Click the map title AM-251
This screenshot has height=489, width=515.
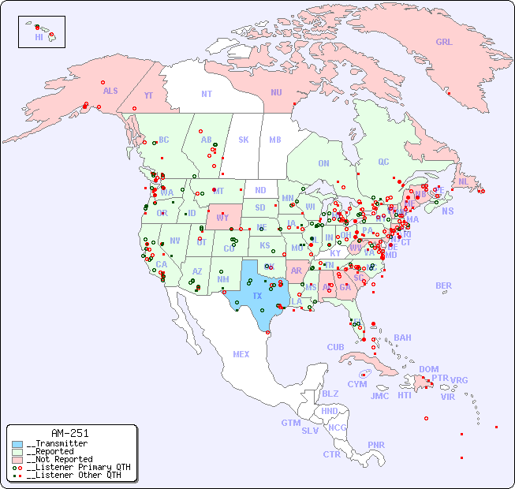click(69, 433)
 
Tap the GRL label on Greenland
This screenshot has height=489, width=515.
click(444, 42)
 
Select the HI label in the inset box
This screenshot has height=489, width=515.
click(39, 36)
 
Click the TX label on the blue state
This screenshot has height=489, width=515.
click(257, 296)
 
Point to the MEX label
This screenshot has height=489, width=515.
click(241, 354)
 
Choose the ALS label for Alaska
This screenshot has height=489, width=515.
click(110, 91)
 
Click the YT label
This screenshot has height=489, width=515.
click(148, 95)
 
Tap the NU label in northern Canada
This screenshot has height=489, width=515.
click(276, 92)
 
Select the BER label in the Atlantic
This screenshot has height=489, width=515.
click(444, 286)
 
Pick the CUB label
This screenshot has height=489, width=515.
click(335, 347)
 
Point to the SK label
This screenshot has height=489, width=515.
click(244, 140)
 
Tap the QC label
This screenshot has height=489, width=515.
click(383, 162)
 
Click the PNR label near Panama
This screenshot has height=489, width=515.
click(376, 445)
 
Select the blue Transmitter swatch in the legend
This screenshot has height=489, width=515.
click(17, 444)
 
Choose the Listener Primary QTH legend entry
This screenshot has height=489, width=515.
click(73, 467)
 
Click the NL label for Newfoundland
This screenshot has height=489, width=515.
click(463, 181)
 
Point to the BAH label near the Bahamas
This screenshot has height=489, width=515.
click(402, 338)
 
